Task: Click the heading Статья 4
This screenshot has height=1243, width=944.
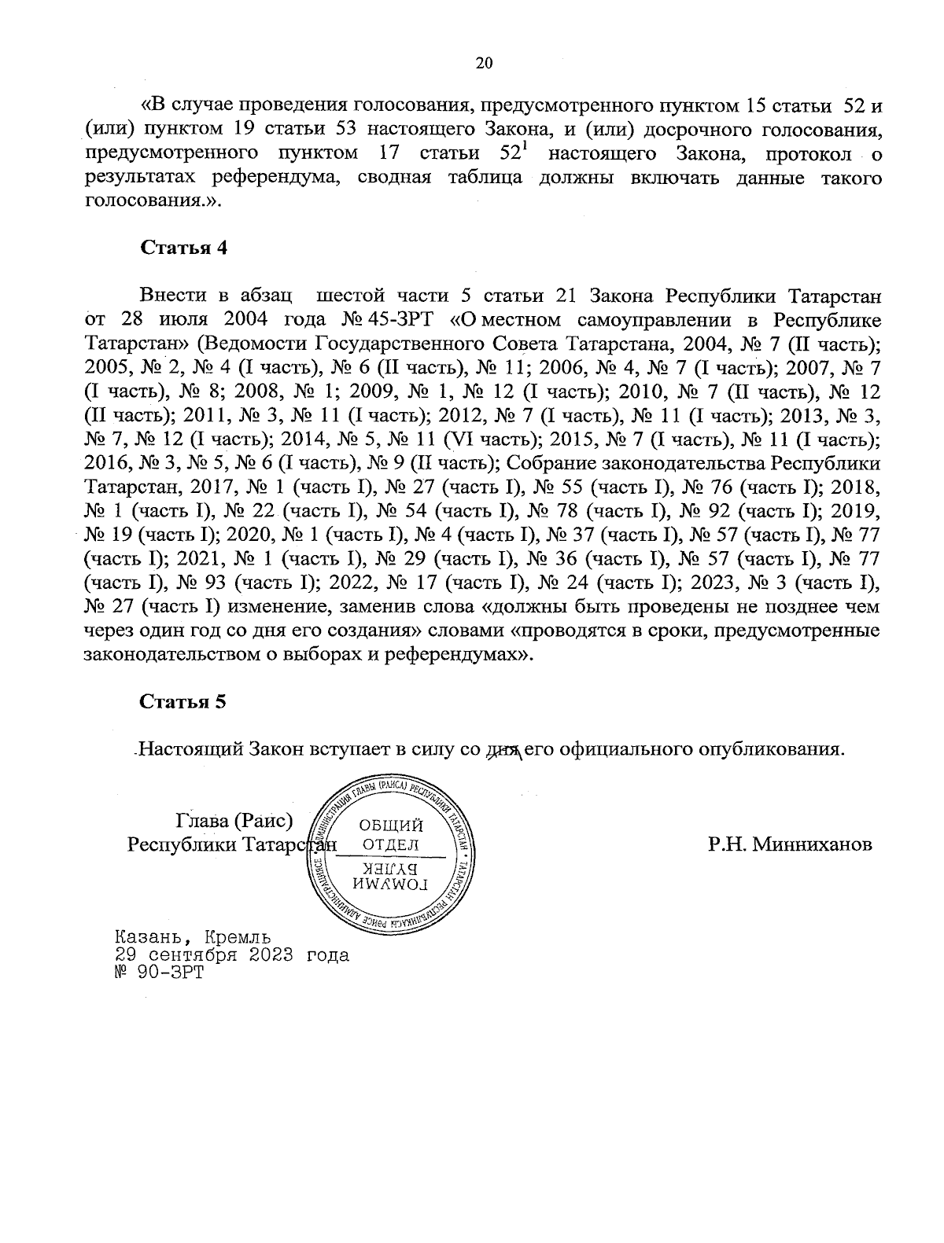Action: point(183,247)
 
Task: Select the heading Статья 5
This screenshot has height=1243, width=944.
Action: point(183,701)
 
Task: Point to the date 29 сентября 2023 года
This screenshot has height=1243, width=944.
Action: point(231,955)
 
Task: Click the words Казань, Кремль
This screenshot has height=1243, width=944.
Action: point(193,937)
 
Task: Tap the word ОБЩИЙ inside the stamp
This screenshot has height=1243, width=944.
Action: point(391,826)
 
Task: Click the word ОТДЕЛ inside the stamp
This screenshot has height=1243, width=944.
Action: point(390,844)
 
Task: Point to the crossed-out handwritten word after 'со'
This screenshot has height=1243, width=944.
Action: point(505,749)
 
